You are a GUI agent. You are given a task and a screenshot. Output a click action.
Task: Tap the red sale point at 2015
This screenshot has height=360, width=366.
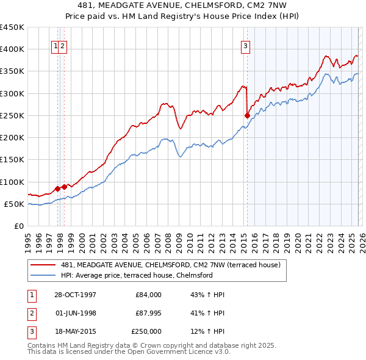247,115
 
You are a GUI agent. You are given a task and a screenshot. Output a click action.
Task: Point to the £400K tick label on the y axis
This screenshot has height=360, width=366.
12,49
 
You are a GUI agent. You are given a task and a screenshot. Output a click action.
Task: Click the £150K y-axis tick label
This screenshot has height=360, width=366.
12,160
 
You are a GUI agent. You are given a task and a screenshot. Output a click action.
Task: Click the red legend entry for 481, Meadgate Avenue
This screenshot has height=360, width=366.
170,265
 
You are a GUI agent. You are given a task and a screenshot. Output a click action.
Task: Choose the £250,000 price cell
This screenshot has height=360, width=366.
146,331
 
